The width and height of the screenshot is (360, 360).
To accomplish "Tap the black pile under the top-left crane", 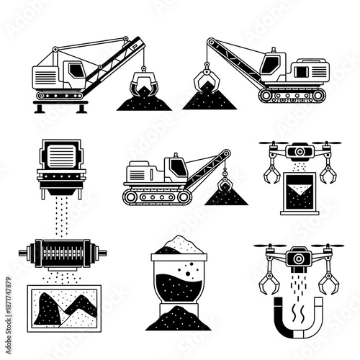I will [x=145, y=102].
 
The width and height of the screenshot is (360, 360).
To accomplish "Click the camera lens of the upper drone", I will [x=297, y=153].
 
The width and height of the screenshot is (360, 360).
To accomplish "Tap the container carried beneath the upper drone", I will [x=296, y=190].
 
